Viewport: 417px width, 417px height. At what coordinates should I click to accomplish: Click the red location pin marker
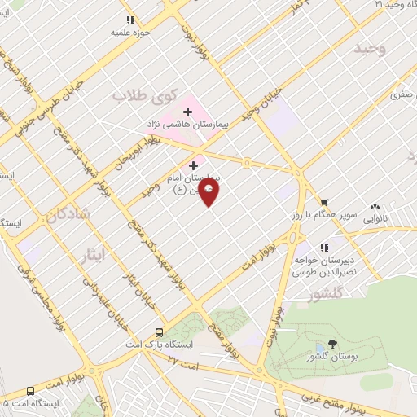(x=209, y=192)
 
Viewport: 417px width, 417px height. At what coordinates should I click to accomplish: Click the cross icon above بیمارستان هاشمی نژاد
(x=187, y=112)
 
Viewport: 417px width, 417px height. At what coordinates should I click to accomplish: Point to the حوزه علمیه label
(x=131, y=34)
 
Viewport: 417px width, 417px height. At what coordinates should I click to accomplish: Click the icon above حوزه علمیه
(x=130, y=20)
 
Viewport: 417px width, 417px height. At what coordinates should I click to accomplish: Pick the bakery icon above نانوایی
(x=375, y=207)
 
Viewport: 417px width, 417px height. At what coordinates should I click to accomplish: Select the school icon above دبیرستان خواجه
(x=324, y=247)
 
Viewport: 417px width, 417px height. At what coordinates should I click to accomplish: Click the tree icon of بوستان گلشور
(x=331, y=343)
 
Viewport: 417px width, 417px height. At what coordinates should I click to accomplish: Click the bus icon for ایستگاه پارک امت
(x=160, y=332)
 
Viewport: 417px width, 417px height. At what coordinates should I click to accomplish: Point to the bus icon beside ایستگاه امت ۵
(x=31, y=390)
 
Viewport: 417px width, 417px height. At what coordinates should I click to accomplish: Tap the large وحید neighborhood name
(x=368, y=50)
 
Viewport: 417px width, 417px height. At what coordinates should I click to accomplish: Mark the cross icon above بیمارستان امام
(x=193, y=165)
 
